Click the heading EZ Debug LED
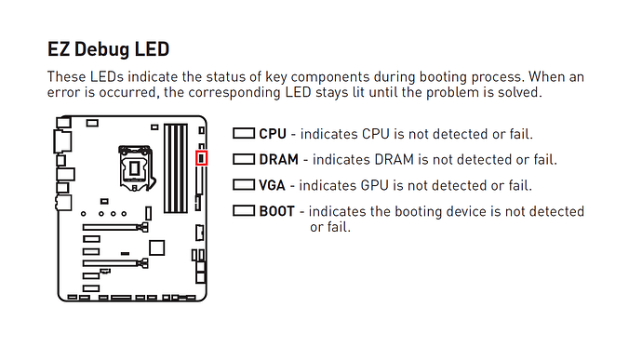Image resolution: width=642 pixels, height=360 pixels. pyautogui.click(x=108, y=49)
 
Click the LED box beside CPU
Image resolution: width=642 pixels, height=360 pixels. pyautogui.click(x=244, y=134)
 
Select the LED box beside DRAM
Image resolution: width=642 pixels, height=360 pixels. pyautogui.click(x=244, y=159)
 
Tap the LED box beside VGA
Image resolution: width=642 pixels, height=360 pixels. pyautogui.click(x=244, y=185)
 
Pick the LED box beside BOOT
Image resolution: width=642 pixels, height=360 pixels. pyautogui.click(x=244, y=211)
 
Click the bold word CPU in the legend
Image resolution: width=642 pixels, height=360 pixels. pyautogui.click(x=273, y=134)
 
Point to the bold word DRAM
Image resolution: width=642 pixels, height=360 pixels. pyautogui.click(x=278, y=160)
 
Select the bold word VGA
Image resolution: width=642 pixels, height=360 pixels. pyautogui.click(x=272, y=185)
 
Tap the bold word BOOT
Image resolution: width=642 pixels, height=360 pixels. pyautogui.click(x=276, y=211)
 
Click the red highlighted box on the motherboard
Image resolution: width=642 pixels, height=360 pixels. pyautogui.click(x=201, y=158)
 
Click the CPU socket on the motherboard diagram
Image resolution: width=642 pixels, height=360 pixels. pyautogui.click(x=135, y=167)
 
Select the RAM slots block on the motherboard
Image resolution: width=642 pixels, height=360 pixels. pyautogui.click(x=176, y=168)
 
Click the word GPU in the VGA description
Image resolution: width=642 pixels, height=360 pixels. pyautogui.click(x=374, y=185)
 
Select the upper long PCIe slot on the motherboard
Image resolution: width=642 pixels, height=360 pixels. pyautogui.click(x=115, y=227)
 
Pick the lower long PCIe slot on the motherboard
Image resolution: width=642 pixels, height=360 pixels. pyautogui.click(x=115, y=263)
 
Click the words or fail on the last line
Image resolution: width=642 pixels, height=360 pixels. pyautogui.click(x=330, y=227)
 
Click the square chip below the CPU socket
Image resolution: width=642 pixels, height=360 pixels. pyautogui.click(x=157, y=247)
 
